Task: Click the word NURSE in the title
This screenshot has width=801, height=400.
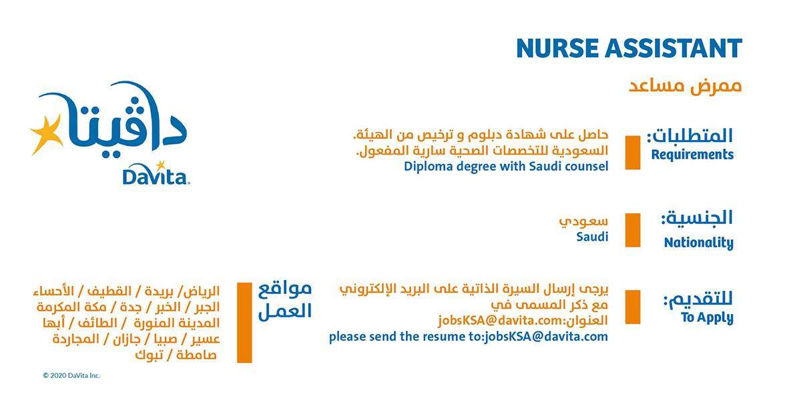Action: [x=557, y=48]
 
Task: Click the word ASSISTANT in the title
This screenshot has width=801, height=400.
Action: [x=674, y=48]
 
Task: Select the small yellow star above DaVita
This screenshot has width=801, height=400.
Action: [x=161, y=165]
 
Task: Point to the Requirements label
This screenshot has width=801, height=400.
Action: [x=692, y=155]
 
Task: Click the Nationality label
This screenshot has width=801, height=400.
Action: [x=699, y=243]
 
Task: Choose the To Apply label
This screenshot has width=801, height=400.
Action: [x=707, y=317]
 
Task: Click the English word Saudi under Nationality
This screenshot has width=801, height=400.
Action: [x=592, y=237]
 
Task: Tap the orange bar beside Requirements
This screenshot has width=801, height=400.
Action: [x=633, y=153]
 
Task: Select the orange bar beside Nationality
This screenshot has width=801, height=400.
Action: [x=633, y=230]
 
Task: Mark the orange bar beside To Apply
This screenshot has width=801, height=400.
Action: [x=633, y=307]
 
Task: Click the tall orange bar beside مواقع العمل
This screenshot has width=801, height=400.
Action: [x=244, y=323]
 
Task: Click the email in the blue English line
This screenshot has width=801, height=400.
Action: [x=546, y=337]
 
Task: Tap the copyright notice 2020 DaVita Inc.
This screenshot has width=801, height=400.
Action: [x=71, y=375]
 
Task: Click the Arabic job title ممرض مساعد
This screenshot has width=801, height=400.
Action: [x=685, y=87]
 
